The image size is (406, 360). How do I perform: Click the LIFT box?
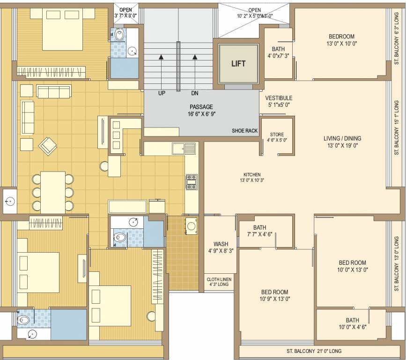tap(238, 64)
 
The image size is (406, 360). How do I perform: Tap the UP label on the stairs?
tap(162, 93)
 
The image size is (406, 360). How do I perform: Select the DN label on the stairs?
tap(195, 93)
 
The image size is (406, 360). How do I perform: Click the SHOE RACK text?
tap(244, 131)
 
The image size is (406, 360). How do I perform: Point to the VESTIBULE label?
tap(279, 98)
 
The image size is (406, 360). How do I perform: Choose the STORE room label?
tap(277, 135)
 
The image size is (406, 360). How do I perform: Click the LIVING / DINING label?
tap(342, 138)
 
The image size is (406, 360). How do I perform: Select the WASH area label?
tap(221, 244)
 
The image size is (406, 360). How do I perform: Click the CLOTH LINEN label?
tap(219, 279)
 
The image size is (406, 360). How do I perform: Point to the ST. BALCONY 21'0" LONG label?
tap(314, 351)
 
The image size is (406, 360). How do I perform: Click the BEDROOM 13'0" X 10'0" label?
tap(341, 37)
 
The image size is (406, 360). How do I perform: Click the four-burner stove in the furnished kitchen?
tap(192, 181)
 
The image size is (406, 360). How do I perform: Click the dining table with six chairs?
tap(52, 192)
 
